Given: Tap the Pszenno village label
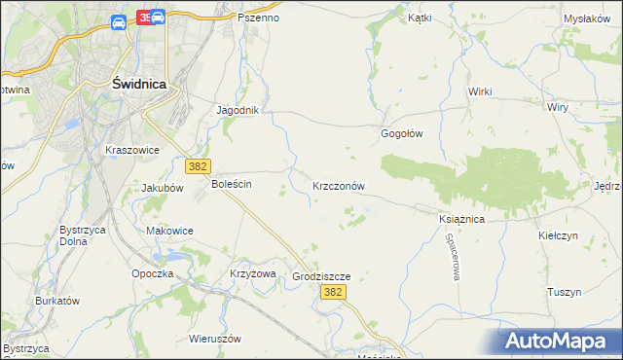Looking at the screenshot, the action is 259,18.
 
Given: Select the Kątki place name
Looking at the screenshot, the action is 420,18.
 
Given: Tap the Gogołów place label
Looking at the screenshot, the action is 401,133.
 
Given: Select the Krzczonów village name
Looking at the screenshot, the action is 339,185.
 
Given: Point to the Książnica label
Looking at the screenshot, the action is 461,220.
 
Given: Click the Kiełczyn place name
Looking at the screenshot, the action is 558,235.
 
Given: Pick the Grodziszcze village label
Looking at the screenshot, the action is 320,276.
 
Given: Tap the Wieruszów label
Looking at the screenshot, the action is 215,340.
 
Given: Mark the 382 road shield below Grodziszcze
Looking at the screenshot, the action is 333,292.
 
